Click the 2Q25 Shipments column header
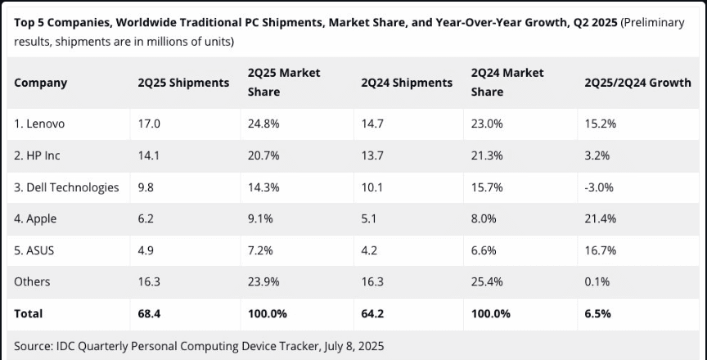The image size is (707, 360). pyautogui.click(x=183, y=83)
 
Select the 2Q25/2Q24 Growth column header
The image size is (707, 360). pyautogui.click(x=637, y=83)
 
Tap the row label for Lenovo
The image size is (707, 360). pyautogui.click(x=39, y=124)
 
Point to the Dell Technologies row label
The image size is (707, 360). pyautogui.click(x=66, y=187)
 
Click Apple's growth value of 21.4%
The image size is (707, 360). pyautogui.click(x=600, y=218)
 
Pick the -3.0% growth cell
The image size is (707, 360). pyautogui.click(x=598, y=187)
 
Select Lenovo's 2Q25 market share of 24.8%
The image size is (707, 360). pyautogui.click(x=263, y=124)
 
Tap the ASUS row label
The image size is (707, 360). pyautogui.click(x=35, y=250)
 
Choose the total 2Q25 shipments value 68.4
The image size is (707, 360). pyautogui.click(x=149, y=313)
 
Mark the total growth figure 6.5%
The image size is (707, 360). pyautogui.click(x=597, y=313)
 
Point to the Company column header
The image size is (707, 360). pyautogui.click(x=41, y=83)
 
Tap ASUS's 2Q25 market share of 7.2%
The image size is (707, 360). pyautogui.click(x=260, y=250)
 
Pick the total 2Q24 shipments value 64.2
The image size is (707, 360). pyautogui.click(x=372, y=313)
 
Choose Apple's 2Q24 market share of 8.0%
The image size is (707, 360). pyautogui.click(x=484, y=218)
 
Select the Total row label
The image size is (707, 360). pyautogui.click(x=29, y=313)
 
